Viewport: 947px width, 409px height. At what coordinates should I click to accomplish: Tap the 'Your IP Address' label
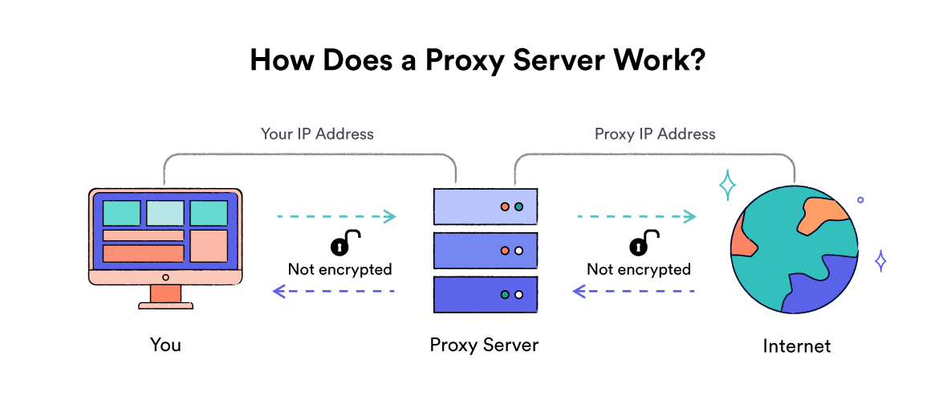click(317, 133)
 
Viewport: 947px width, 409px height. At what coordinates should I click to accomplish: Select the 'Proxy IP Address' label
click(655, 133)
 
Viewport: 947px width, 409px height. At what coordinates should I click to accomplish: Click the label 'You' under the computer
click(165, 345)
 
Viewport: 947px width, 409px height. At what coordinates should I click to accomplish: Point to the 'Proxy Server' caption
click(484, 345)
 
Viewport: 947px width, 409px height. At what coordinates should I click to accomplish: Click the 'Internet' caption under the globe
click(796, 346)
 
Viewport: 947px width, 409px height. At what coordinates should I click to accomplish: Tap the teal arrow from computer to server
click(336, 216)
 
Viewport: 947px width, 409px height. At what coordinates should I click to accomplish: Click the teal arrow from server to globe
click(635, 216)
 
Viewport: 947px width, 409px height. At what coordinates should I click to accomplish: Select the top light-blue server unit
click(485, 207)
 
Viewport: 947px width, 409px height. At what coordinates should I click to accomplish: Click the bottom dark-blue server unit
click(485, 295)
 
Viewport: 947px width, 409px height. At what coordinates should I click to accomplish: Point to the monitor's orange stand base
click(166, 305)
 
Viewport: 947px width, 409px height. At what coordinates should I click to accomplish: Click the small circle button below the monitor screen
click(166, 277)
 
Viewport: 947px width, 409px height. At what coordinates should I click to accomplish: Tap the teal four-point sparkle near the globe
click(727, 186)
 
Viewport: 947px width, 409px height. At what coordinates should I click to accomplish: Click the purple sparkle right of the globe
click(880, 261)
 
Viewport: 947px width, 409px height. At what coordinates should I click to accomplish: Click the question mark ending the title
click(696, 61)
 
